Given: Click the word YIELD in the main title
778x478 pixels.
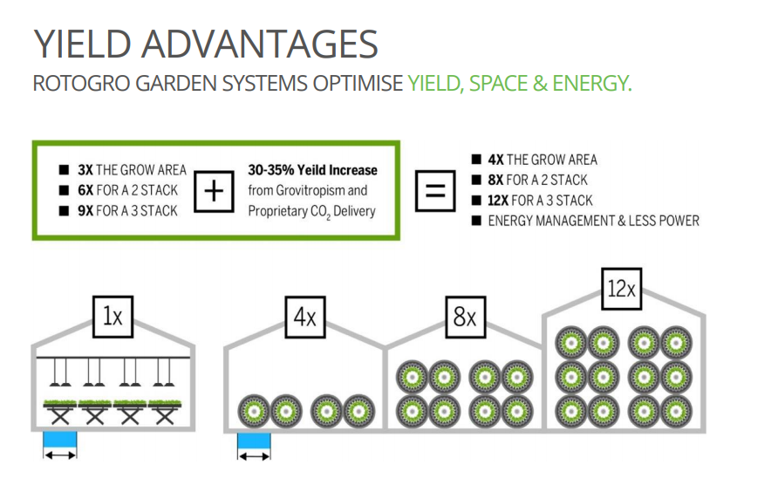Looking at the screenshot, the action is tap(82, 44).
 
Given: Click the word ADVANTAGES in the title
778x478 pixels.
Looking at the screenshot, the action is tap(260, 44).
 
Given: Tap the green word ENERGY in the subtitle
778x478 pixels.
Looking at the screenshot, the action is tap(592, 83).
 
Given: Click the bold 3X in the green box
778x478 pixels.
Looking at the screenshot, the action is tap(85, 170).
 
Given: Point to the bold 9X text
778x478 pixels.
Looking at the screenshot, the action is tap(85, 211).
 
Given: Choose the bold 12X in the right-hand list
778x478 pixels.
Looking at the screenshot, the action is tap(498, 201).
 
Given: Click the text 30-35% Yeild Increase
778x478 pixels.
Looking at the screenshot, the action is tap(312, 170).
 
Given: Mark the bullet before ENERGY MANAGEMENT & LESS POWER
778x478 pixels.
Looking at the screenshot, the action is tap(476, 221).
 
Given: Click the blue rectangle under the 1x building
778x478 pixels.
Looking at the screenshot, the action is tap(60, 440).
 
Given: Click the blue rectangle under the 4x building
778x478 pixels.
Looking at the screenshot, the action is tap(254, 441).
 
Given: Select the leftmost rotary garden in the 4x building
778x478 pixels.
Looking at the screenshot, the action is tap(255, 411).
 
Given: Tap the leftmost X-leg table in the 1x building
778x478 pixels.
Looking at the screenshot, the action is tap(60, 413).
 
